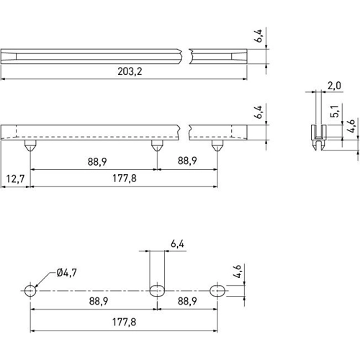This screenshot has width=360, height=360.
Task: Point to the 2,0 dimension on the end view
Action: tap(333, 86)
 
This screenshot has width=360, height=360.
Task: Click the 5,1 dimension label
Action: tap(334, 112)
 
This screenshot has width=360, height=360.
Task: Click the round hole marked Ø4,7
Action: tap(30, 290)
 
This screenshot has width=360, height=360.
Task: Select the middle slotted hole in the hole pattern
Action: tap(157, 290)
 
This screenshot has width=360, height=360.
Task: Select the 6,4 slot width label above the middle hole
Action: tap(178, 244)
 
